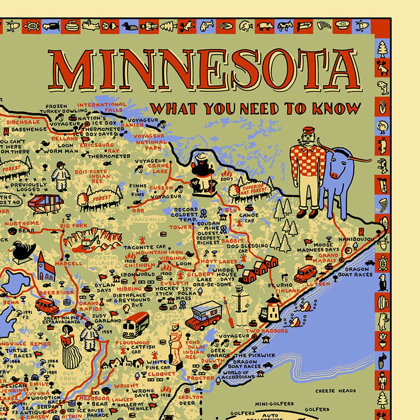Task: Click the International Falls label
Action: tap(102, 107)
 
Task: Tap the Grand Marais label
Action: tap(329, 258)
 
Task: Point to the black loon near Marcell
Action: tap(23, 251)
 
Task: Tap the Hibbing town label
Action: tap(129, 289)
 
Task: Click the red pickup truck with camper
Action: tap(204, 315)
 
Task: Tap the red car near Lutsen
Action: tap(305, 274)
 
